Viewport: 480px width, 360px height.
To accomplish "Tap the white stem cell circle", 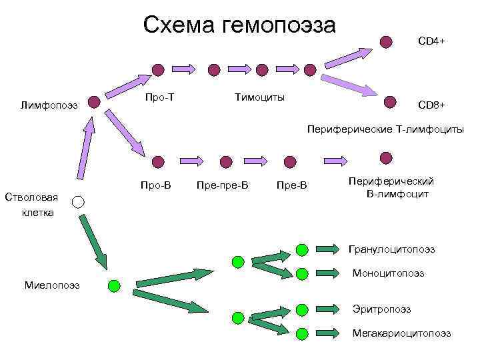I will tap(78, 201).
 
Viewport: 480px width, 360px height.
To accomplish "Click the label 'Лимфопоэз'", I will tap(49, 105).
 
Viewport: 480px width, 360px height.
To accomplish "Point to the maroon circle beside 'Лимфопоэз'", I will tap(95, 102).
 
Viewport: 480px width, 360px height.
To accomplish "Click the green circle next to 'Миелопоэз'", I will tap(114, 285).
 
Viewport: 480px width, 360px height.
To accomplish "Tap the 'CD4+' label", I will tap(431, 41).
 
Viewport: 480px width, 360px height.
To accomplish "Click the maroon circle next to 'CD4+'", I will tap(385, 41).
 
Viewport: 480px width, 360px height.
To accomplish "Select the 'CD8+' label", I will tap(431, 105).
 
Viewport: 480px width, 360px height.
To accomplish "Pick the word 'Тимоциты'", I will tap(259, 97).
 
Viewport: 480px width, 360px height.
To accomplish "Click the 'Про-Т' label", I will tap(160, 97).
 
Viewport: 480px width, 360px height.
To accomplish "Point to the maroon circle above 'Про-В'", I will tap(157, 161).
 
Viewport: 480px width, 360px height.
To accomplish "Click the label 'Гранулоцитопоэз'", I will tap(391, 249).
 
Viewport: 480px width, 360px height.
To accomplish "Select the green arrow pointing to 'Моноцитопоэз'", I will tap(332, 273).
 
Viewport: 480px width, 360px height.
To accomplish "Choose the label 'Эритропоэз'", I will tap(381, 309).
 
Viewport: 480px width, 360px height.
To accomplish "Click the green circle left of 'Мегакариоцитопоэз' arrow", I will tap(301, 333).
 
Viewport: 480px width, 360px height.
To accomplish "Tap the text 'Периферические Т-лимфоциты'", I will tap(385, 130).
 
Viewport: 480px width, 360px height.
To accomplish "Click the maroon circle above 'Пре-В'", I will tap(289, 161).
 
